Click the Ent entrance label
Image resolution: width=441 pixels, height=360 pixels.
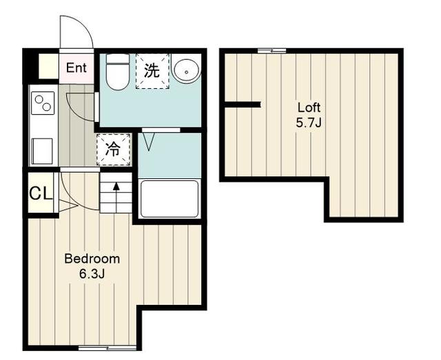pyautogui.click(x=76, y=67)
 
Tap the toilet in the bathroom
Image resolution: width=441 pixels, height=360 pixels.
pyautogui.click(x=118, y=72)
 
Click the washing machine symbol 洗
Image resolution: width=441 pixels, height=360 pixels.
pyautogui.click(x=152, y=71)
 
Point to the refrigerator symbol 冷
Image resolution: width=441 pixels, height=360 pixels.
pyautogui.click(x=113, y=149)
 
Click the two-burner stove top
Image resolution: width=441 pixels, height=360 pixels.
pyautogui.click(x=43, y=103)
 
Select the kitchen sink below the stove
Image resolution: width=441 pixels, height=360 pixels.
pyautogui.click(x=42, y=151)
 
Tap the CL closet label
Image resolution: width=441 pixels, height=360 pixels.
pyautogui.click(x=41, y=193)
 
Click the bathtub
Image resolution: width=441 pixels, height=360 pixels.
pyautogui.click(x=170, y=199)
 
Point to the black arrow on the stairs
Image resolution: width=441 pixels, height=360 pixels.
pyautogui.click(x=116, y=194)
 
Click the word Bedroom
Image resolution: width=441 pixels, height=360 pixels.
pyautogui.click(x=92, y=259)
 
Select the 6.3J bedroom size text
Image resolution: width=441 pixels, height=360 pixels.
pyautogui.click(x=92, y=274)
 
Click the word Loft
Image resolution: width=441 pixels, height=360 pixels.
pyautogui.click(x=309, y=107)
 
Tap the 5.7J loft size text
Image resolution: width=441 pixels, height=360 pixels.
pyautogui.click(x=309, y=123)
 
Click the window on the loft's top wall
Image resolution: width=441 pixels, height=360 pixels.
pyautogui.click(x=272, y=51)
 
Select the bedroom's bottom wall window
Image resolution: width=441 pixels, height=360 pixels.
pyautogui.click(x=107, y=348)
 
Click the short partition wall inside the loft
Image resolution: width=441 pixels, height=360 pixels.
pyautogui.click(x=243, y=105)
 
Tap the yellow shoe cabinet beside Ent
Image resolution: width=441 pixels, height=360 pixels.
pyautogui.click(x=48, y=66)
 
